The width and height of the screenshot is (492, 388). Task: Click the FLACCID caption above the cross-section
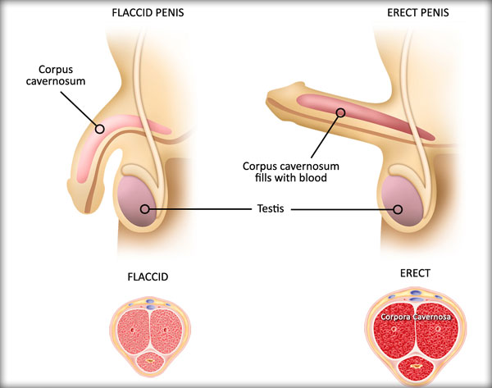(148, 277)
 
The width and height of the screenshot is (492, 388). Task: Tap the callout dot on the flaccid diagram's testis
(146, 209)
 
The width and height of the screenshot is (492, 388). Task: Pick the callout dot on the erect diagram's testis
(399, 209)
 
